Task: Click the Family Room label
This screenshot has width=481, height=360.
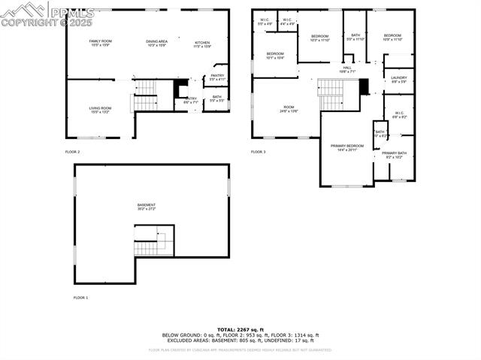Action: pos(100,42)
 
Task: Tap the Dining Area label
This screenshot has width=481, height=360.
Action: pos(156,42)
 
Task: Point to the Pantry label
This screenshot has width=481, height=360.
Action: pos(217,77)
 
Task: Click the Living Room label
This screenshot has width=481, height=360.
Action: pos(100,110)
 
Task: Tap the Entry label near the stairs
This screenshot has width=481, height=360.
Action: pos(191,99)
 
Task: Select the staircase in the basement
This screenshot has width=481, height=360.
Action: pos(149,244)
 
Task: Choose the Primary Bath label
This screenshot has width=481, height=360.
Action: pos(394,154)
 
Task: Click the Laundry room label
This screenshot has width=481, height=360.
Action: pos(398,79)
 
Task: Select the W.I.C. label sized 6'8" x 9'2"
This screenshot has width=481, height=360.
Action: pos(399,115)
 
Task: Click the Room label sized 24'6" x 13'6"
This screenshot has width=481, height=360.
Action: pos(289,109)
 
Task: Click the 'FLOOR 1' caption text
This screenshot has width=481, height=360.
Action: pos(80,298)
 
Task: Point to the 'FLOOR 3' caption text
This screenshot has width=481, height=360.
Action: pos(259,152)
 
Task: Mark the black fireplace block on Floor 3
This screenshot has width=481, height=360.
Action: pos(365,86)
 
